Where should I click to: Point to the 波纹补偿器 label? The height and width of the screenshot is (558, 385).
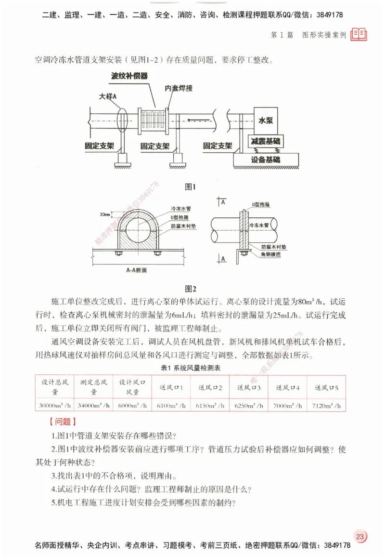click(129, 76)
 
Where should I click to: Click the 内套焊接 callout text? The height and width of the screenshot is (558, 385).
click(179, 88)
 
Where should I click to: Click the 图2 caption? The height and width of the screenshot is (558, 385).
click(191, 289)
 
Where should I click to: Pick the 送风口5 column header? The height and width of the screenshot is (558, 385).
click(326, 387)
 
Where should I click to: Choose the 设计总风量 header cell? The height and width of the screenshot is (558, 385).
click(55, 387)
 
